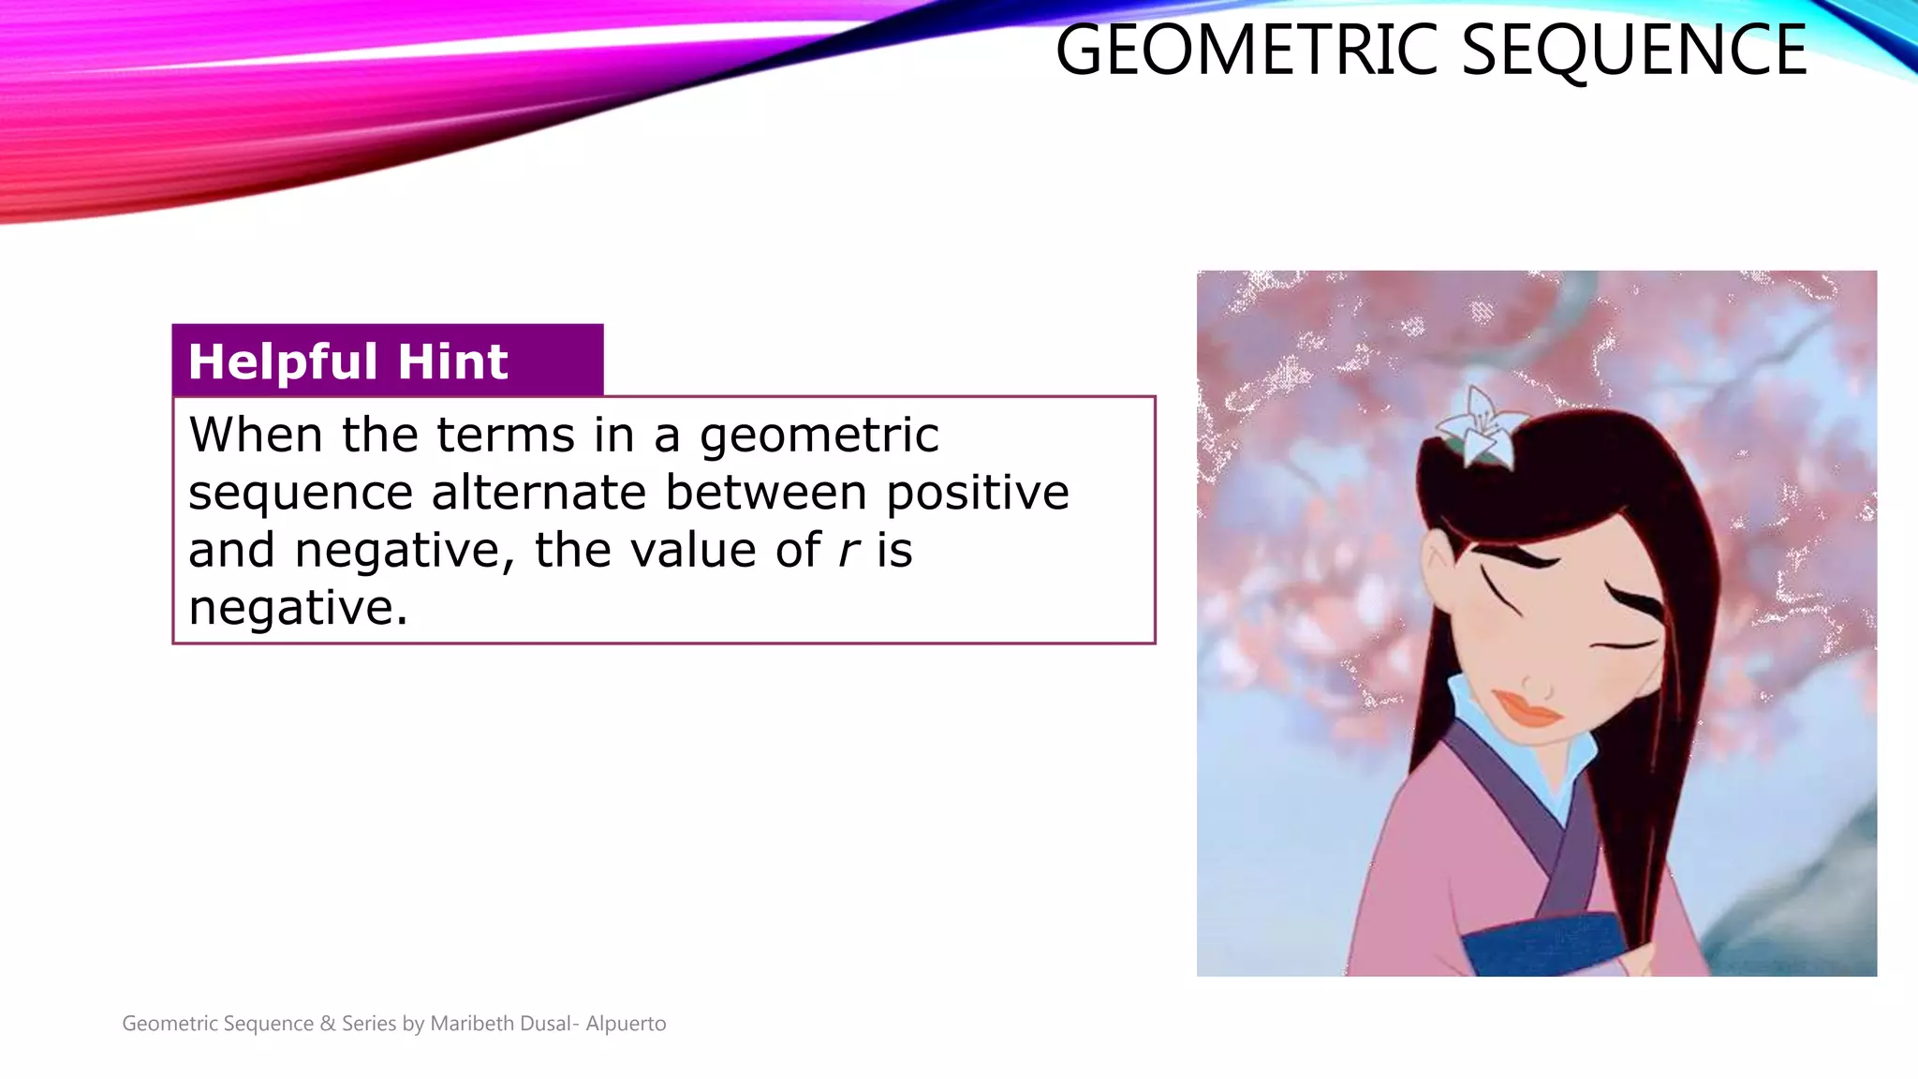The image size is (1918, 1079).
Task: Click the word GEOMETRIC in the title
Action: tap(1246, 51)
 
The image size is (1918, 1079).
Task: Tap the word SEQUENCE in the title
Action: tap(1633, 51)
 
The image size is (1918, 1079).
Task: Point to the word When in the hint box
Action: tap(256, 435)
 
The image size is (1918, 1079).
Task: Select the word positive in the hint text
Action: tap(977, 495)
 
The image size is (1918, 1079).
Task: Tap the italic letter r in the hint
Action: tap(848, 551)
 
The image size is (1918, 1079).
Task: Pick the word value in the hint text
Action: tap(692, 550)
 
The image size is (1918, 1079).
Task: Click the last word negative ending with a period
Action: tap(298, 609)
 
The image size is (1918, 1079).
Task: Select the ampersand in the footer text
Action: tap(327, 1024)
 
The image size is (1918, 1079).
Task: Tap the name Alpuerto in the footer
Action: tap(626, 1024)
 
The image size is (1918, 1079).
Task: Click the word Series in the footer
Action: tap(369, 1024)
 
